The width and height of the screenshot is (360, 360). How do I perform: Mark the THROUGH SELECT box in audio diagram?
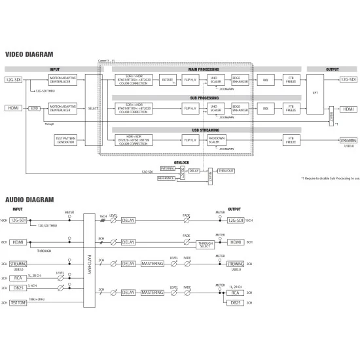point(207,245)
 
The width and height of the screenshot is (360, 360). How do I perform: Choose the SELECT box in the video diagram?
point(93,108)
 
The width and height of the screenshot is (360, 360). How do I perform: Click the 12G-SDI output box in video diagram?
point(348,80)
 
